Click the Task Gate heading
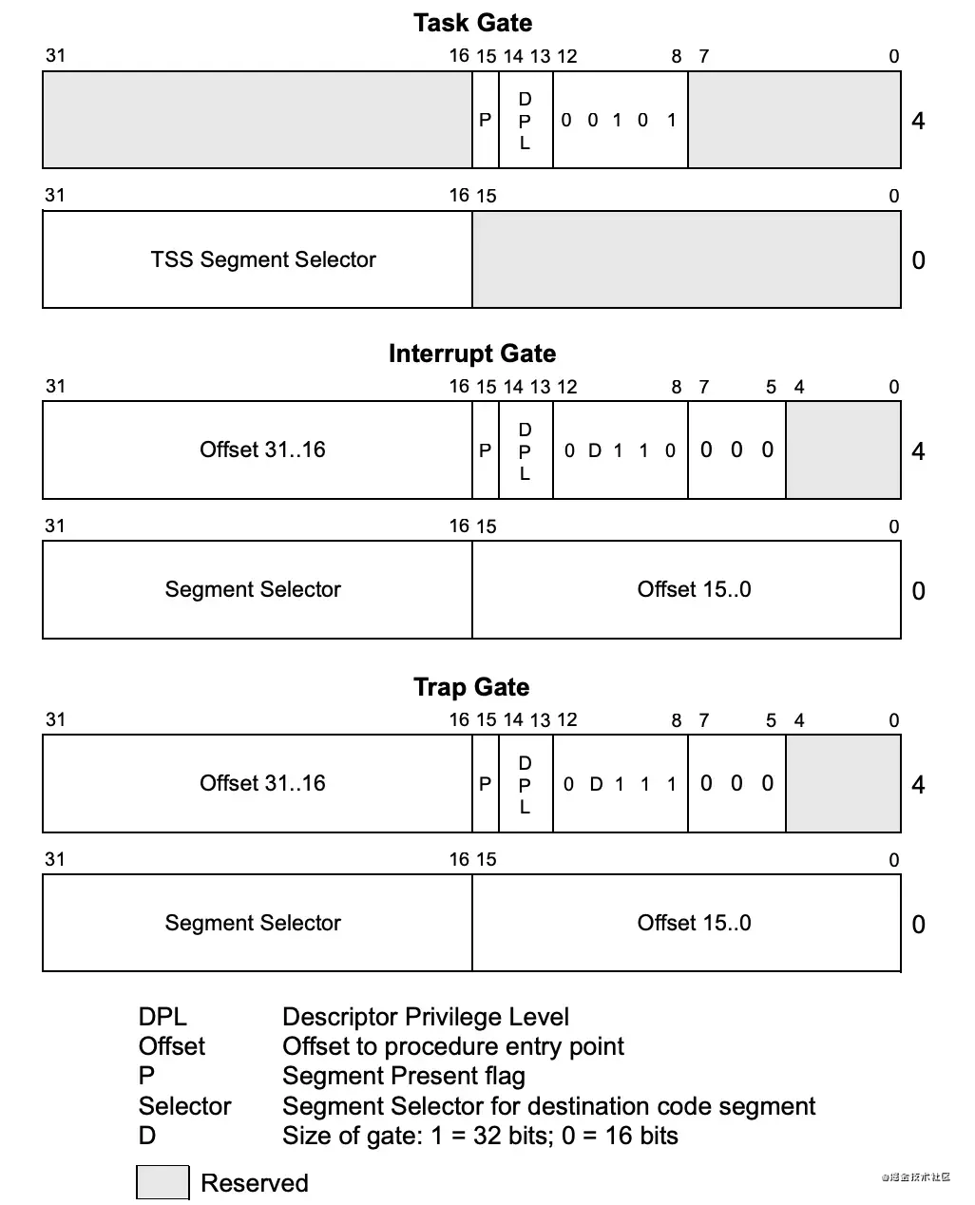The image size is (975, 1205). click(472, 23)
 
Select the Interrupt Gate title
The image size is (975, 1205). click(472, 354)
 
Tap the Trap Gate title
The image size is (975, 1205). click(471, 687)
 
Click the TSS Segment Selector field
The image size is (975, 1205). click(263, 259)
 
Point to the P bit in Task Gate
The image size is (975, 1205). click(485, 120)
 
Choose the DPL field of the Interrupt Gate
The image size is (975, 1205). click(525, 450)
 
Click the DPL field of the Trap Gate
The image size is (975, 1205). click(525, 784)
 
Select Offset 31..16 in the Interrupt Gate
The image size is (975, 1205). click(262, 449)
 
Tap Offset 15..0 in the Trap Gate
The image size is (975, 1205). click(694, 923)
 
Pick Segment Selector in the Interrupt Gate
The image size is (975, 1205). click(253, 589)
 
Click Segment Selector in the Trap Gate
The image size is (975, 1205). click(253, 923)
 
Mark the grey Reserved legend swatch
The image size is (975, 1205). click(162, 1182)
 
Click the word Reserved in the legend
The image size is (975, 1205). click(255, 1183)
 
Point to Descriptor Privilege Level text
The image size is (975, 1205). click(426, 1017)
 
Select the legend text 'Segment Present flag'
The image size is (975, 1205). click(404, 1076)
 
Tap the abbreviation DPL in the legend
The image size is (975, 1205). click(162, 1017)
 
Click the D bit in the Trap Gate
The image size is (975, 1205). click(596, 784)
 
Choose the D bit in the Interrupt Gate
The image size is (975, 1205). click(594, 450)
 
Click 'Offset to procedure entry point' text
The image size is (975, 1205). click(453, 1046)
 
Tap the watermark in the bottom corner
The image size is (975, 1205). click(916, 1176)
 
